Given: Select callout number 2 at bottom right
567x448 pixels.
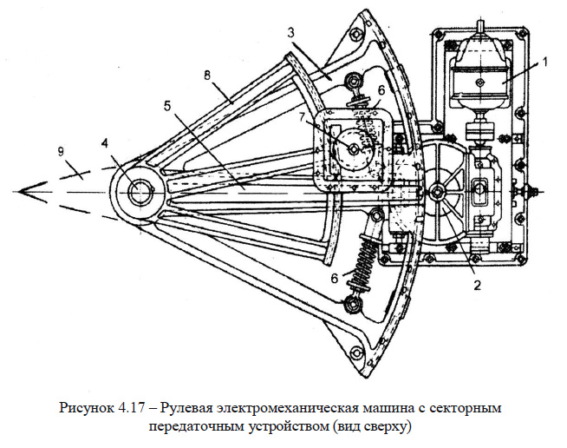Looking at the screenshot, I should tap(475, 284).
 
